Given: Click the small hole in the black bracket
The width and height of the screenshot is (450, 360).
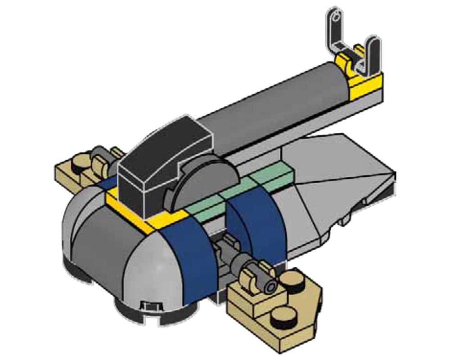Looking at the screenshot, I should [333, 18].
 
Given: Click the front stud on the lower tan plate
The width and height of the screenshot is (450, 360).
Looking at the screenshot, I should [281, 318].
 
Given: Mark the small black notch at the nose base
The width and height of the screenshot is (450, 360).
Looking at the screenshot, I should [148, 306].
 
